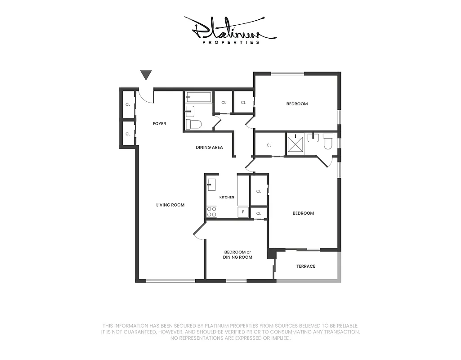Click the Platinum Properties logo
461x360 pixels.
click(230, 31)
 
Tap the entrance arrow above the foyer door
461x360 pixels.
click(146, 75)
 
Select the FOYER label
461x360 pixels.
click(159, 124)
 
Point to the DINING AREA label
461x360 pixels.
click(209, 148)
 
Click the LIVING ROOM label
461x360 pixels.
click(170, 205)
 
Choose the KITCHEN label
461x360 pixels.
click(227, 197)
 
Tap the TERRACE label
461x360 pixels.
click(306, 266)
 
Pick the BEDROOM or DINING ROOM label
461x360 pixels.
click(238, 255)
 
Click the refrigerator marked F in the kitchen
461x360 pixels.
click(243, 212)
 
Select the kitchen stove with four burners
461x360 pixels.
click(211, 212)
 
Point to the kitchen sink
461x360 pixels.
click(211, 184)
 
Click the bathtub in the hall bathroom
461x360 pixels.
click(198, 97)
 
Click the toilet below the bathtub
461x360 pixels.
click(195, 124)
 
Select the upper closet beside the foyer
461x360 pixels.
click(128, 104)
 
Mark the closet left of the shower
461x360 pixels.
click(269, 145)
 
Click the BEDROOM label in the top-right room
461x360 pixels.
click(297, 104)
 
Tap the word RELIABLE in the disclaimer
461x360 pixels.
click(346, 326)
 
